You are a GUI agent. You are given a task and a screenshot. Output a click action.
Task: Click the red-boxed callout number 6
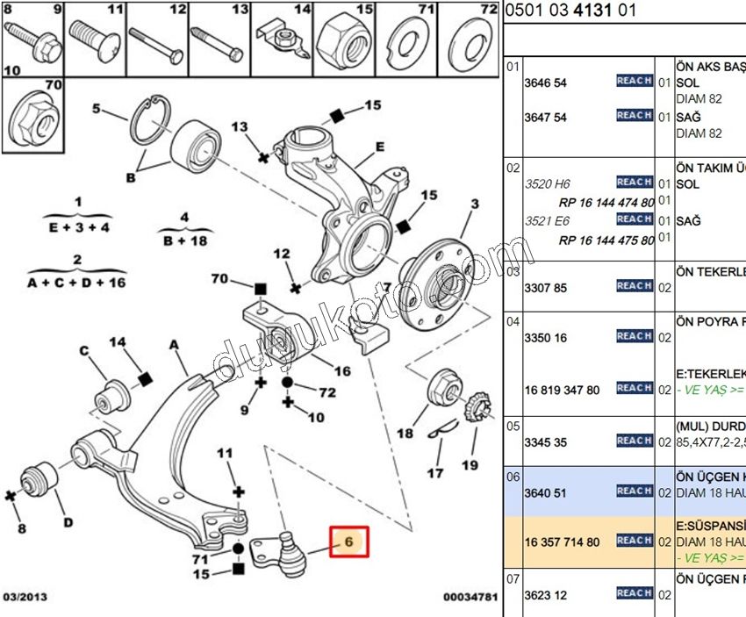(349, 542)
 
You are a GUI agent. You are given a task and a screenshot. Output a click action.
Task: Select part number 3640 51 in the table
(545, 492)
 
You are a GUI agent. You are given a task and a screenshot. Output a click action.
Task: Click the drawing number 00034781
(470, 598)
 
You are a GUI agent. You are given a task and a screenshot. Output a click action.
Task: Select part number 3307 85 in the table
(545, 287)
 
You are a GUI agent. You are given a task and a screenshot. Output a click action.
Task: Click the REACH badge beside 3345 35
(634, 441)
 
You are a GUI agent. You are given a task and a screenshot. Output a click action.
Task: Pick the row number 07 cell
(513, 579)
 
